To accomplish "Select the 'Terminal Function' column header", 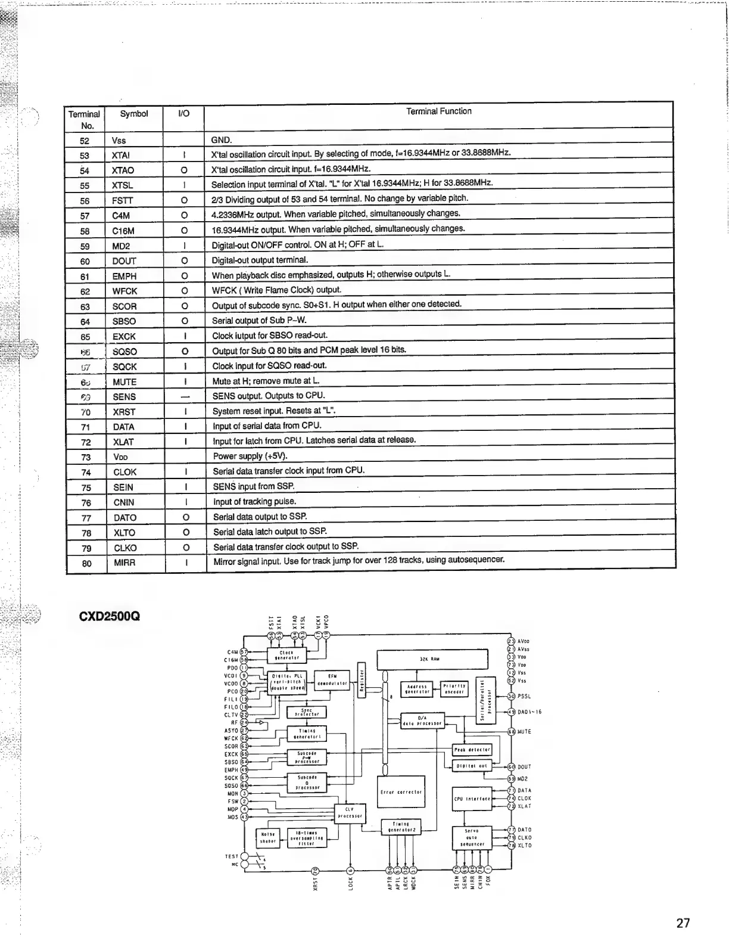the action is pos(438,111).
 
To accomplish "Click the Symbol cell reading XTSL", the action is pos(123,185).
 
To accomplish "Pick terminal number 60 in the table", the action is pos(85,261).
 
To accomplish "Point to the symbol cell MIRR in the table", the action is pos(124,563).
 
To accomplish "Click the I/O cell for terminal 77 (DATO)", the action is pos(186,517).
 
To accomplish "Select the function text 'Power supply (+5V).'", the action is pos(250,457).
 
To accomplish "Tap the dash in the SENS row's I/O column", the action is pos(185,396).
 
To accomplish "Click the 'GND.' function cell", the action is pos(222,140).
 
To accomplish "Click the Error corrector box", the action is pos(401,792).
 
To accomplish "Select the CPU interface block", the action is pos(472,799).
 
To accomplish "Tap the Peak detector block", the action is pos(472,750).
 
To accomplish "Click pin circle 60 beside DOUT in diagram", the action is pos(511,767).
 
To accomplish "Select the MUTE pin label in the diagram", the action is pos(524,731).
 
